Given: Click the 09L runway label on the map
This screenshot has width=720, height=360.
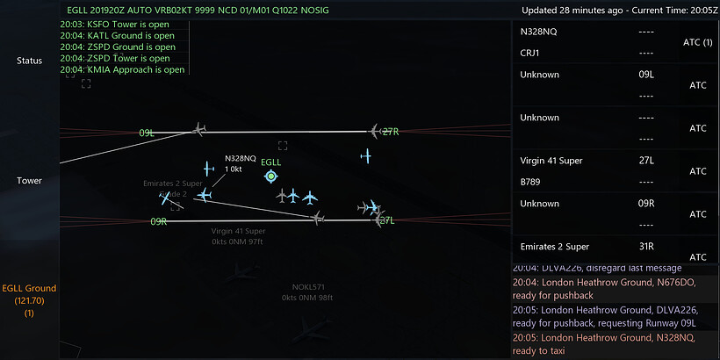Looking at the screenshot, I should tap(147, 133).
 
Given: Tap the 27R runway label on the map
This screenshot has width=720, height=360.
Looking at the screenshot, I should tap(390, 132).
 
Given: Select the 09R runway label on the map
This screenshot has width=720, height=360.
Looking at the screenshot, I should tap(159, 221).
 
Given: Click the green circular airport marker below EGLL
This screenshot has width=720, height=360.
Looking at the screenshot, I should tap(271, 176).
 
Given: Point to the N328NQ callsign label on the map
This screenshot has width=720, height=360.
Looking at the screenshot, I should tap(241, 158).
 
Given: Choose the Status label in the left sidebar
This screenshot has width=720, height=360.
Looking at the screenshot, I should tap(29, 61).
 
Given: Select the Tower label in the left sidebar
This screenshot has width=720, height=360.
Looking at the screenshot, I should tap(29, 180).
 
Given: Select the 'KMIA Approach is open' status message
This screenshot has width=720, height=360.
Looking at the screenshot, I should tap(122, 69).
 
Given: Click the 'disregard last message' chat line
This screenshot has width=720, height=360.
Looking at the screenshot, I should tap(606, 268).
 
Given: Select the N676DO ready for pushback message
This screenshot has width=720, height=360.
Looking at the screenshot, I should tap(606, 288).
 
